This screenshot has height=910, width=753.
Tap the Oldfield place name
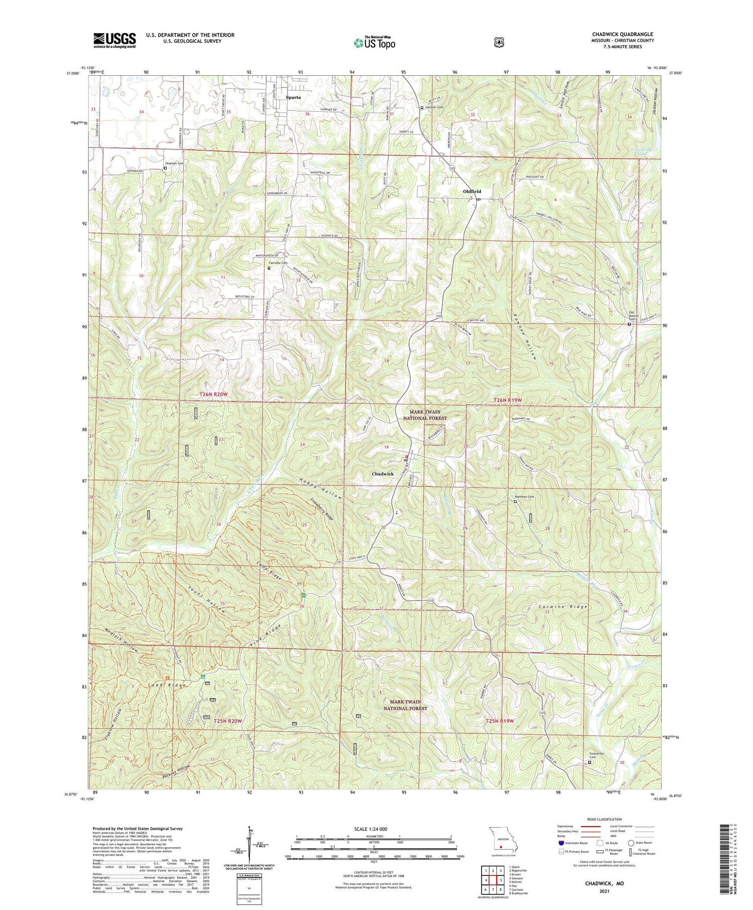click(x=471, y=191)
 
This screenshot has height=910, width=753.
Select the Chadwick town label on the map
click(x=383, y=474)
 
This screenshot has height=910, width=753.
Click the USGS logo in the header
click(x=114, y=40)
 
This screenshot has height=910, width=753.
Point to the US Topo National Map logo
click(x=374, y=43)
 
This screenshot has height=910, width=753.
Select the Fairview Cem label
click(x=278, y=263)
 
